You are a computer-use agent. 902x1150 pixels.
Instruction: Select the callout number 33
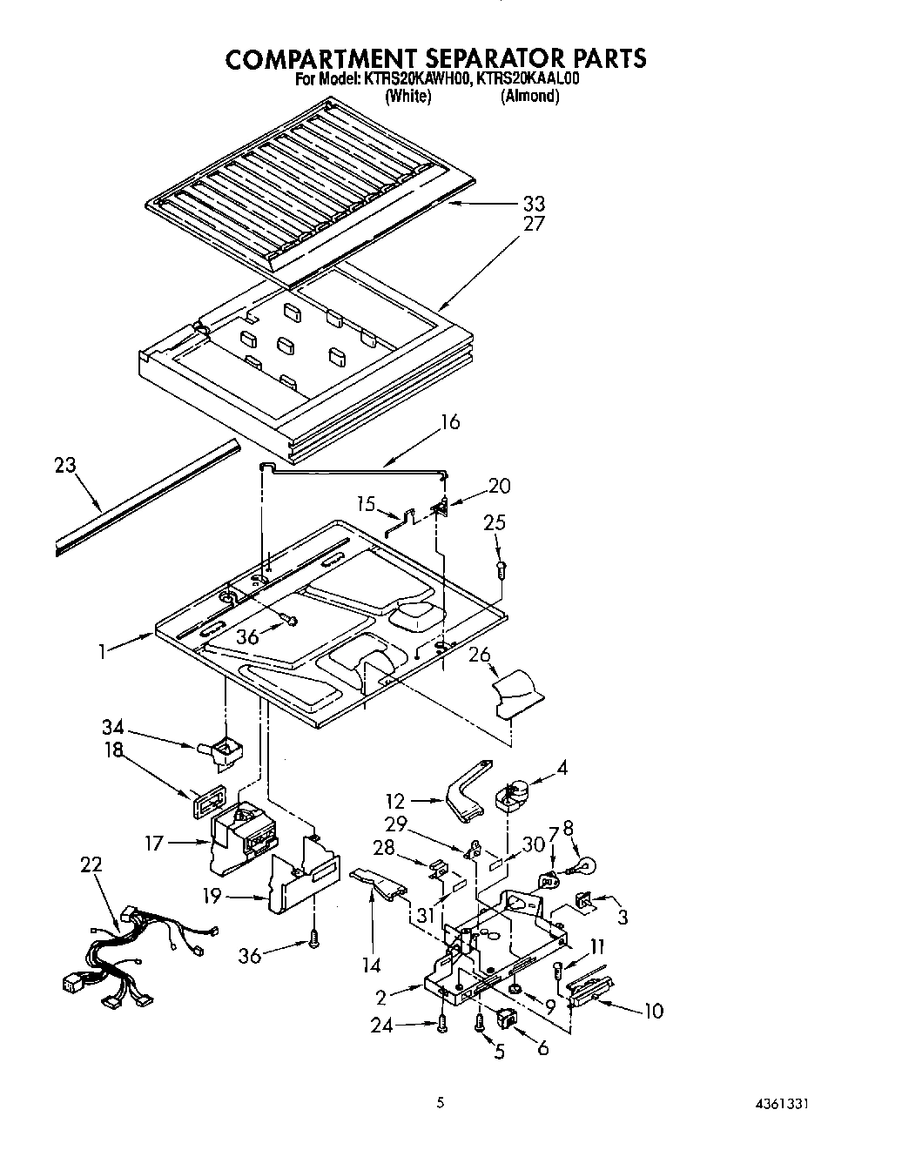point(534,205)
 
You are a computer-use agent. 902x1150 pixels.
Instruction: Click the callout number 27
point(534,224)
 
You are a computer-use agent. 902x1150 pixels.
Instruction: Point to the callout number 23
point(65,466)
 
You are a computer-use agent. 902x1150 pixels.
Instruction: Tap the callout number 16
point(450,422)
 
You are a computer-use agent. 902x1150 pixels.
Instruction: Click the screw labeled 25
point(500,570)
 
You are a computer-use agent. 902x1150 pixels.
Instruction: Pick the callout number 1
point(104,650)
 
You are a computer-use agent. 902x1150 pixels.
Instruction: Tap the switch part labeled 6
point(505,1019)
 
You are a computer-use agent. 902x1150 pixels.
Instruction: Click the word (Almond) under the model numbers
point(529,97)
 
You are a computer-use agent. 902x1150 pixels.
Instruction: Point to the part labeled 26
point(517,694)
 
